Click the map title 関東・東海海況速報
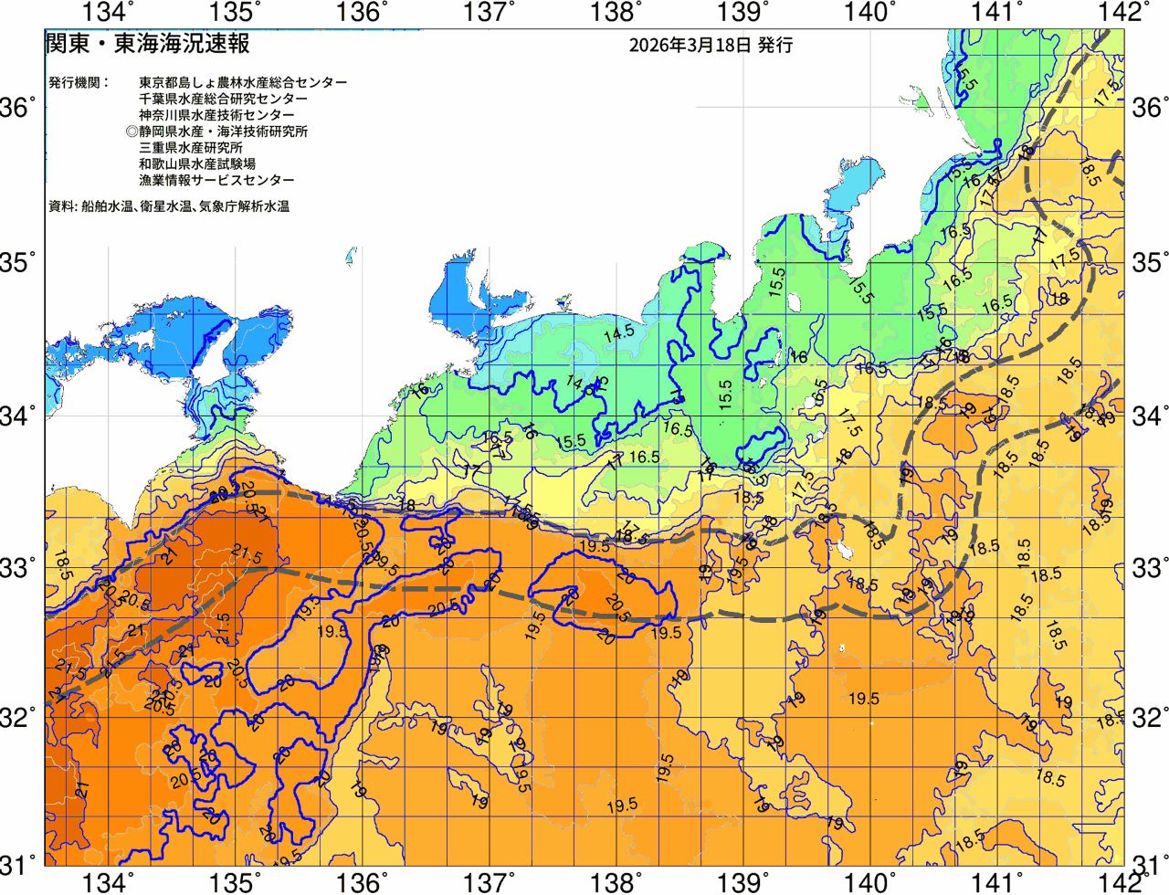pyautogui.click(x=147, y=44)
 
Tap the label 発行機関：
pyautogui.click(x=79, y=82)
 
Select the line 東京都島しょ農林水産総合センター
pyautogui.click(x=243, y=82)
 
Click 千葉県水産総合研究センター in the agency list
pyautogui.click(x=224, y=99)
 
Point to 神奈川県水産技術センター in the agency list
pyautogui.click(x=216, y=115)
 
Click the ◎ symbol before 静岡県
pyautogui.click(x=132, y=132)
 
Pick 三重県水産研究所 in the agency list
pyautogui.click(x=191, y=148)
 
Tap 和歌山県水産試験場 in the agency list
pyautogui.click(x=197, y=164)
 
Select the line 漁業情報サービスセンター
pyautogui.click(x=216, y=181)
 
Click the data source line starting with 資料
pyautogui.click(x=169, y=207)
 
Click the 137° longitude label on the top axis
pyautogui.click(x=487, y=13)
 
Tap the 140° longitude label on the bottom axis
pyautogui.click(x=868, y=882)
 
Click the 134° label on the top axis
pyautogui.click(x=108, y=13)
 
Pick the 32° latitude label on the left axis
pyautogui.click(x=21, y=718)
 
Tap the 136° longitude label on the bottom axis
pyautogui.click(x=362, y=882)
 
